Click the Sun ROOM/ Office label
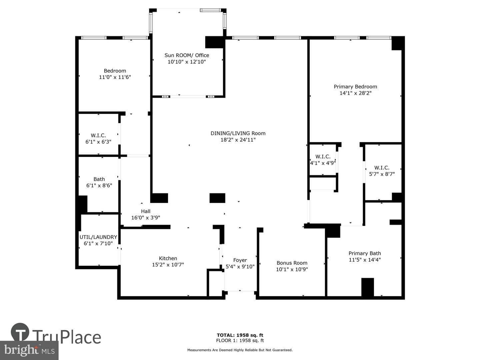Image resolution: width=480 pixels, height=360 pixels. (x=187, y=55)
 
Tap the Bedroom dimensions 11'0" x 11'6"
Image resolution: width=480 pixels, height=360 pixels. (x=115, y=77)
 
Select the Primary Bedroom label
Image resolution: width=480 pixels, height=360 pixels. (x=355, y=87)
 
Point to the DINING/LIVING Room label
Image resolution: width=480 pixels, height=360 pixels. (x=238, y=133)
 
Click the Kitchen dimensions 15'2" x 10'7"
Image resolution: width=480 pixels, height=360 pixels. (x=168, y=265)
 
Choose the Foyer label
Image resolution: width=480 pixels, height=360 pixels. (x=240, y=260)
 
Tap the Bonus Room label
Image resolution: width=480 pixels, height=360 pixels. (x=292, y=263)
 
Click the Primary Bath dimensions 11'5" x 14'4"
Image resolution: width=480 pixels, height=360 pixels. (x=365, y=260)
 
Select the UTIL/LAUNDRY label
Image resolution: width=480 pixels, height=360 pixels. (x=98, y=237)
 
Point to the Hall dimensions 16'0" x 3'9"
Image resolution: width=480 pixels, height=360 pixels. (x=146, y=218)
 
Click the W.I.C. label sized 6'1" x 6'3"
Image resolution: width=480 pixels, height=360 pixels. (x=98, y=136)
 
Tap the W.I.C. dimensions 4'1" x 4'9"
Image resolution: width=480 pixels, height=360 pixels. (x=323, y=163)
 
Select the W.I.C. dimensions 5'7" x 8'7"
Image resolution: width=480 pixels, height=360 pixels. (x=382, y=174)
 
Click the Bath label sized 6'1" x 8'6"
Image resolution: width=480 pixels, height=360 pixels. (x=99, y=179)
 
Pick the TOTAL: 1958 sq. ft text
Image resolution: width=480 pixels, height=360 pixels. (x=240, y=335)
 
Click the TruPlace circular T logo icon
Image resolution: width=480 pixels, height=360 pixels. (x=20, y=332)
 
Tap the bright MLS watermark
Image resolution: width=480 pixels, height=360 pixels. (x=29, y=350)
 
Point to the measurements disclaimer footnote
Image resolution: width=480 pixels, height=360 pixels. (x=240, y=350)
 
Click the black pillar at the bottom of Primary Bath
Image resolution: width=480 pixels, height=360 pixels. (x=367, y=287)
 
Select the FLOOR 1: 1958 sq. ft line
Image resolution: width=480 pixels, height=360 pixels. (x=240, y=340)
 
